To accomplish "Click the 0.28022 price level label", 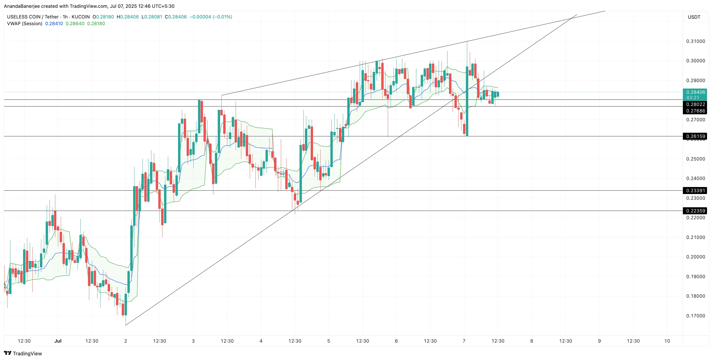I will [695, 104].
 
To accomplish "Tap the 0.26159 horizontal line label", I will [695, 136].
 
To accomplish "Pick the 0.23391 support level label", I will [695, 191].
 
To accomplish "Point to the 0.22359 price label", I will [695, 211].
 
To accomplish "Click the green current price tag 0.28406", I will [695, 92].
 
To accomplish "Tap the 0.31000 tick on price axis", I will [695, 41].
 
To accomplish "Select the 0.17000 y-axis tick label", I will [695, 316].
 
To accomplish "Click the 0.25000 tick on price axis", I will [695, 159].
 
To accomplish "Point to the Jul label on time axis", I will [58, 341].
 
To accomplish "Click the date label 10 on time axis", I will [667, 341].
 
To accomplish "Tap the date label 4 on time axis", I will [261, 341].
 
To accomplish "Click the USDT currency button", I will [694, 17].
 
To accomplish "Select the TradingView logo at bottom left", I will [23, 353].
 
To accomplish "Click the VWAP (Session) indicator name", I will [25, 24].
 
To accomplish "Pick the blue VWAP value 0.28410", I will [54, 24].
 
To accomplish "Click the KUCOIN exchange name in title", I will [80, 17].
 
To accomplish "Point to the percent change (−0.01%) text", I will [222, 17].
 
